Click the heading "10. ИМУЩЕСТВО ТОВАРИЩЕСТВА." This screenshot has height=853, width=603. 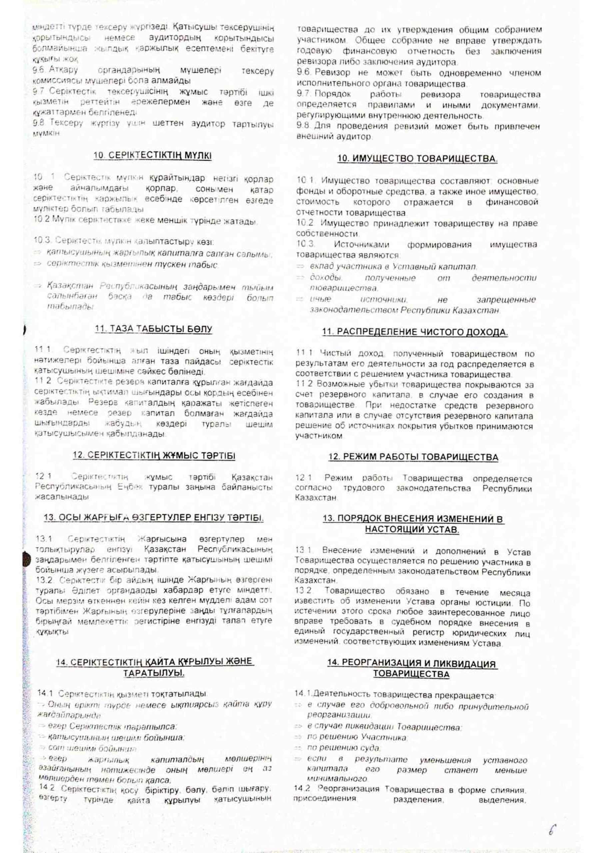click(x=417, y=159)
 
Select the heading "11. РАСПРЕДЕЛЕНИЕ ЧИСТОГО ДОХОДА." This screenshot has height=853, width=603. click(x=415, y=332)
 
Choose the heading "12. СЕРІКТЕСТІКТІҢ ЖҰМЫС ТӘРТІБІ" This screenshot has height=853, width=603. click(x=154, y=455)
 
